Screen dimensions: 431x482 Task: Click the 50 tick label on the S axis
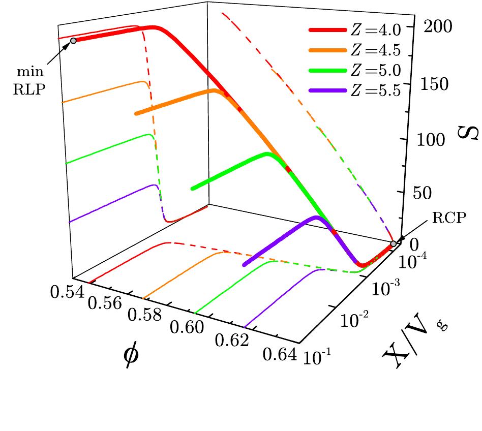(438, 194)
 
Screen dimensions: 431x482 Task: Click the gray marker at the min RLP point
(73, 41)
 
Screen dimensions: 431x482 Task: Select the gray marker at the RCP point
(394, 244)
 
